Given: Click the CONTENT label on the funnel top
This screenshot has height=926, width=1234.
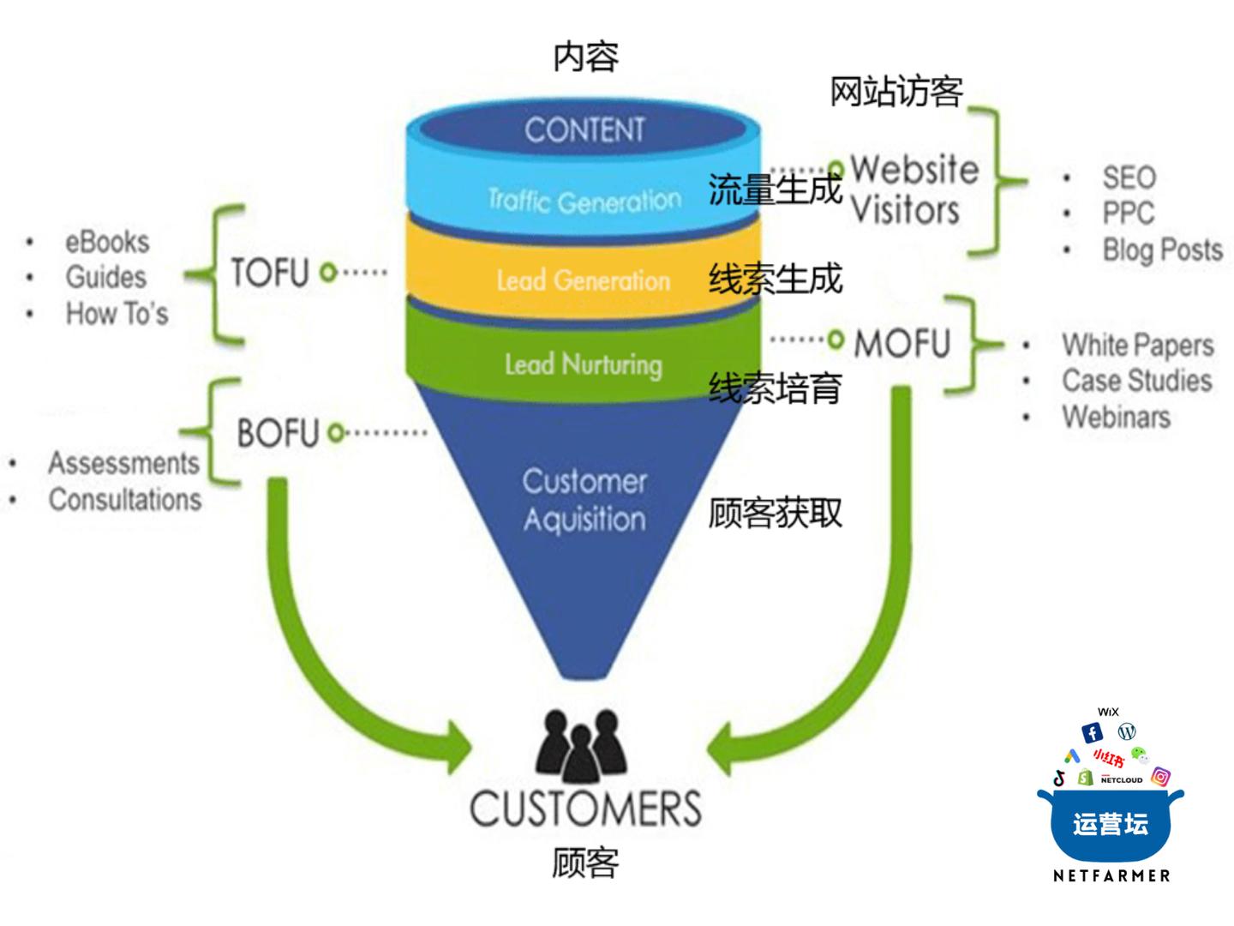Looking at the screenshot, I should [584, 130].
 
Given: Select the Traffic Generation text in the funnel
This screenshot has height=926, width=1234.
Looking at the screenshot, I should [584, 201].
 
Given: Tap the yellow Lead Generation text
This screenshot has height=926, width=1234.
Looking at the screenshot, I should [584, 280].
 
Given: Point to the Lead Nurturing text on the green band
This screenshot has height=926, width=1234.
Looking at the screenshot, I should [584, 364].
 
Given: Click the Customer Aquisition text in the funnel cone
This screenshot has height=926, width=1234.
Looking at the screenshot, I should [584, 500].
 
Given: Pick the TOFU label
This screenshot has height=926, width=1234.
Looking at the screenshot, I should [269, 273].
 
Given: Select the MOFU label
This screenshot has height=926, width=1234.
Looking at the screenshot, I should [902, 343].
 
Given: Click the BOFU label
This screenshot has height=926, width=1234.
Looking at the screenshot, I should [278, 433].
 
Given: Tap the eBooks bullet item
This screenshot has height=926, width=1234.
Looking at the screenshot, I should [107, 242].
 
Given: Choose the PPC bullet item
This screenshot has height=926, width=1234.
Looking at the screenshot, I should [1128, 213].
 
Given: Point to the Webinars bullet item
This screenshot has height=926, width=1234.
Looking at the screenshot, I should [1116, 417].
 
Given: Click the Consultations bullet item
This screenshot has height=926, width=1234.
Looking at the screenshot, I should [125, 499].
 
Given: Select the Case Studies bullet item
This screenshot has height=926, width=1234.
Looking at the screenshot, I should [1136, 380].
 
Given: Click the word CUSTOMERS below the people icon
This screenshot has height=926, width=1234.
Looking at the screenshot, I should [585, 808].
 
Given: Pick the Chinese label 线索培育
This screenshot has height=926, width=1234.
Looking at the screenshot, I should [775, 388].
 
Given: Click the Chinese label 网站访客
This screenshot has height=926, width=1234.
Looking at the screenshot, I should [896, 91].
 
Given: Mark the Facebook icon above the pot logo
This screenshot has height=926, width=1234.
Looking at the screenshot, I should [1092, 732].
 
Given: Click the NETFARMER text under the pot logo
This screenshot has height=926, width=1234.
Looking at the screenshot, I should [1111, 875].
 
